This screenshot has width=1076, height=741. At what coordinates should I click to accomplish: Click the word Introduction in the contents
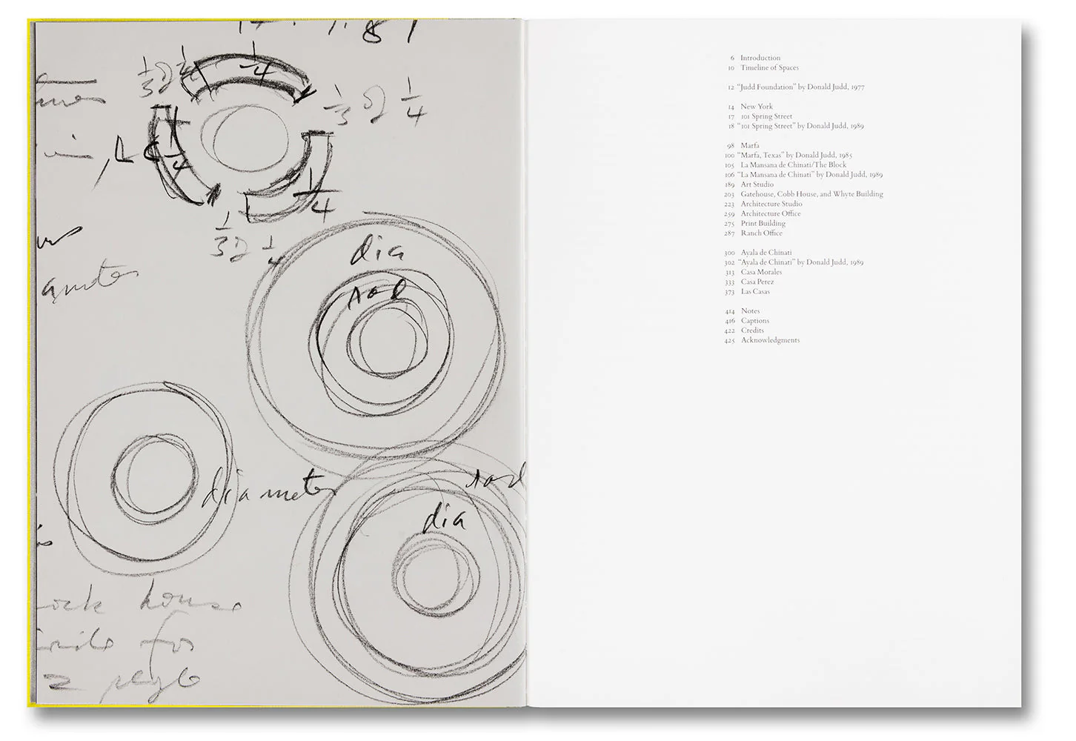760,58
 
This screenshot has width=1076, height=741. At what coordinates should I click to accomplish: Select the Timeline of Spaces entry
769,67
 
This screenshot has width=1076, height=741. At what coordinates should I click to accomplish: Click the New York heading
757,107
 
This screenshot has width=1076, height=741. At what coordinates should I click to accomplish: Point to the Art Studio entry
757,185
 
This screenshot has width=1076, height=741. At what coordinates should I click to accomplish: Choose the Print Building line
763,223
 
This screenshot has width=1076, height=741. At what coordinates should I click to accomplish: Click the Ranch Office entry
761,233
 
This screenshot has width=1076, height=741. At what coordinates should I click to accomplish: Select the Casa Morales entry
761,272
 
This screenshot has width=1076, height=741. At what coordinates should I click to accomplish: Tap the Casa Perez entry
757,282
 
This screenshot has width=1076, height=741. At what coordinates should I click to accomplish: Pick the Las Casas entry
755,291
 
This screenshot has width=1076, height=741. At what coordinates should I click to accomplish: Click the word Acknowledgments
770,340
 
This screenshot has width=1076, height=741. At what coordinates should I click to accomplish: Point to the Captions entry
755,321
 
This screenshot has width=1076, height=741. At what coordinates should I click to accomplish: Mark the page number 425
730,340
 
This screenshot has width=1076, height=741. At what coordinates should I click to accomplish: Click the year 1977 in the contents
857,87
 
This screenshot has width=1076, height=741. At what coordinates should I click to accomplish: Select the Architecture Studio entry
771,204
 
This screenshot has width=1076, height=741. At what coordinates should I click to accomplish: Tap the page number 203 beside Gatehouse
729,194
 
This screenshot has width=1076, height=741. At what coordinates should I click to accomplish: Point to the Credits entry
752,330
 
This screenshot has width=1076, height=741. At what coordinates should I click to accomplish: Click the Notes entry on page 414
750,311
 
